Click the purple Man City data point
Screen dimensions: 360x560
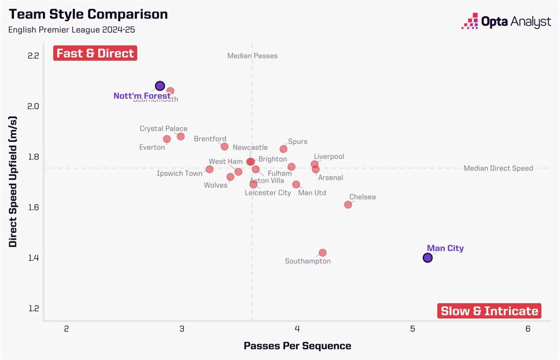428,258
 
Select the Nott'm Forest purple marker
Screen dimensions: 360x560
160,86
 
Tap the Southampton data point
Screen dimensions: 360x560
323,253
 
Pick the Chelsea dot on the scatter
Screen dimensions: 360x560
348,205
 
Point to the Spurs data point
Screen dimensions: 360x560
283,149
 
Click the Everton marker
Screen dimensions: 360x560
167,139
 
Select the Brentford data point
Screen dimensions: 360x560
224,147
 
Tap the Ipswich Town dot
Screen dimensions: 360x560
209,169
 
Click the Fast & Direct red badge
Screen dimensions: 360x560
95,53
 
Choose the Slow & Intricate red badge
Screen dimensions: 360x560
489,311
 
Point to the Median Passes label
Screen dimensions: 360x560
252,56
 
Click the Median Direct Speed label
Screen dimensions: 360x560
498,169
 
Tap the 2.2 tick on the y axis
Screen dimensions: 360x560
33,56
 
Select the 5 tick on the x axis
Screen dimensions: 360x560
412,329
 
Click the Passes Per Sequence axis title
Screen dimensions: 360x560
297,346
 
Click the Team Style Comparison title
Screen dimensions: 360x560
88,14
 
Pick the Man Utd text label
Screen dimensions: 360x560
312,193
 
